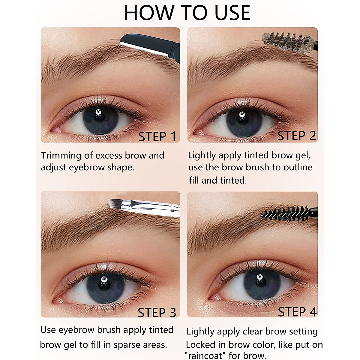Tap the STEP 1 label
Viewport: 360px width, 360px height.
click(x=157, y=136)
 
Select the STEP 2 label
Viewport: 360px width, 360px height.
click(x=296, y=136)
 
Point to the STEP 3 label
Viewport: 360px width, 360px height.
click(x=157, y=313)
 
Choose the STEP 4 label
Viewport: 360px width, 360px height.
click(x=297, y=312)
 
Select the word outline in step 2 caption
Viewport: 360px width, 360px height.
click(x=298, y=167)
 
